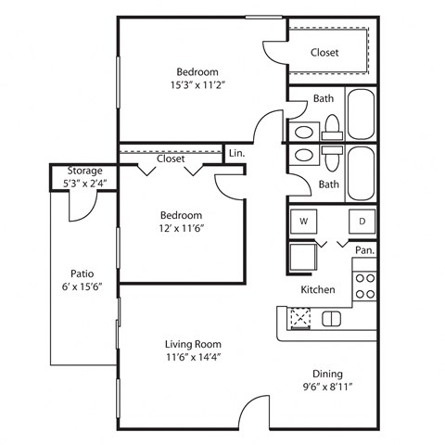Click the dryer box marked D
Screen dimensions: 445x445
point(362,222)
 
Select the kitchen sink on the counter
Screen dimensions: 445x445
point(331,319)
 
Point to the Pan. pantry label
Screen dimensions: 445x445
point(365,250)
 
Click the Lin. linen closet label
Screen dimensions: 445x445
point(236,154)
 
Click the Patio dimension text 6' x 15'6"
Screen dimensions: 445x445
point(82,287)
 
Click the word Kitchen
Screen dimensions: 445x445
point(317,290)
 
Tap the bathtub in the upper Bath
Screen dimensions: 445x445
point(362,112)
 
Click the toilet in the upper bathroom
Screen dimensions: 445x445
point(331,127)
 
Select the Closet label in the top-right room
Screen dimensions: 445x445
point(324,53)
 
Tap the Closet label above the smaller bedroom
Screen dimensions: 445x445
point(171,159)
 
